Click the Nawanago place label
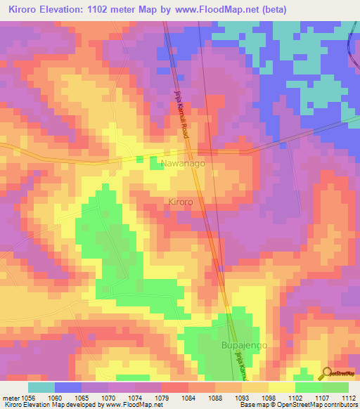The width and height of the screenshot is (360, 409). click(x=183, y=164)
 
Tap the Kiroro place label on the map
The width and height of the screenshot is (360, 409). click(x=180, y=202)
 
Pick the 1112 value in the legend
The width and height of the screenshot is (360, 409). click(x=348, y=397)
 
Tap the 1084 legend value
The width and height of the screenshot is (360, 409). click(x=189, y=397)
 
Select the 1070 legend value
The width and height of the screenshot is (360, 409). click(x=109, y=397)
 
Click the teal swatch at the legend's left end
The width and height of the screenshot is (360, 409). click(x=41, y=387)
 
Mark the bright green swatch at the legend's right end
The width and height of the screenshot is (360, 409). click(x=335, y=387)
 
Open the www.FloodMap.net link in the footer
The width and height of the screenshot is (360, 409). click(x=136, y=405)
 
